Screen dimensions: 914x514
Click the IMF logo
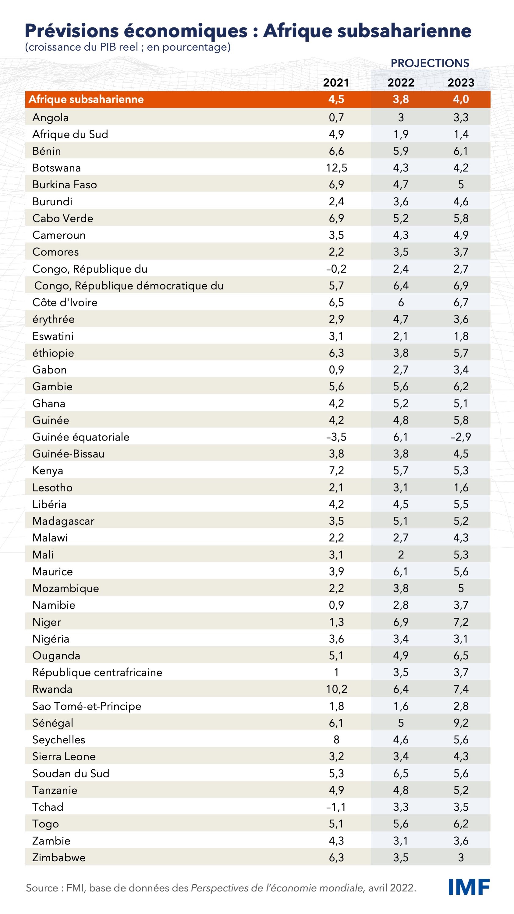[x=469, y=887]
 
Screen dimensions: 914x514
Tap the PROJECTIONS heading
[x=430, y=63]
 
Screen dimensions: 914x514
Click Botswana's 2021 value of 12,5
[x=336, y=168]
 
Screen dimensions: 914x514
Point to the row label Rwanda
[x=52, y=689]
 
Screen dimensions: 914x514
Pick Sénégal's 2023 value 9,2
[x=461, y=723]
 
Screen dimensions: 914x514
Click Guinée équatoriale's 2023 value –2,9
[x=461, y=437]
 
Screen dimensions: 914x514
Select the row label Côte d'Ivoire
[x=65, y=302]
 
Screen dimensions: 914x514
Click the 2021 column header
[x=336, y=83]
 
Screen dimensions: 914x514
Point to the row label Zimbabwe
[x=59, y=858]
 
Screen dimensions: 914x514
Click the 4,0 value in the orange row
[x=461, y=99]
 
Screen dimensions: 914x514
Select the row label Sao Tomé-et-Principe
[x=87, y=706]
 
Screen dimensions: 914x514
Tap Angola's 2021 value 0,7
[x=336, y=117]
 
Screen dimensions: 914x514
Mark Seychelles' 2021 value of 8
[x=336, y=739]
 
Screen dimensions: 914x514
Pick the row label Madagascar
[x=63, y=521]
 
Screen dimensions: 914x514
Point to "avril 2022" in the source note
[x=392, y=888]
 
